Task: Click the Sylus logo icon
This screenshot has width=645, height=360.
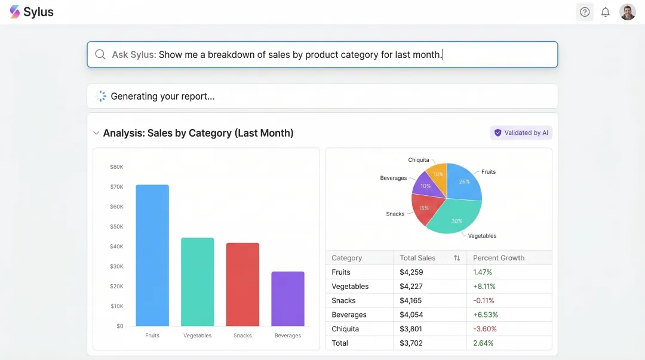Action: pos(15,12)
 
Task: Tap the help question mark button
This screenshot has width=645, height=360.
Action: pos(585,12)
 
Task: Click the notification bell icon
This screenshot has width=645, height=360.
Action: pos(605,12)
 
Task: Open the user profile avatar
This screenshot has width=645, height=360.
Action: pos(627,12)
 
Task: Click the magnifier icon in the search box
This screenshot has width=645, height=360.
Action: pos(100,54)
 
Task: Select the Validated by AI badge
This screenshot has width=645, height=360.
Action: pos(521,133)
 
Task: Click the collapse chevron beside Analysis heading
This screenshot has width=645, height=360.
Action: pos(96,133)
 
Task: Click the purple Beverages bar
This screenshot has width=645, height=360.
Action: pos(287,299)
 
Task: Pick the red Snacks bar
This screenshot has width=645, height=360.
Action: pos(242,284)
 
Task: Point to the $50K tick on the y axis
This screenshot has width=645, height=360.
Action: pos(116,227)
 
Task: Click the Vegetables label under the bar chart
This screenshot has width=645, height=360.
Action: pos(197,336)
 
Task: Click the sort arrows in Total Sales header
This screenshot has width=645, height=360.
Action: pos(457,258)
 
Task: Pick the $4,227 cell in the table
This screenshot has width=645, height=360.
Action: pos(411,287)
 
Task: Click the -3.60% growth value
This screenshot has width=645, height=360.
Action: pos(485,329)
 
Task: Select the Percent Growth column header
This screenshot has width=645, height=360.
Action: pos(499,258)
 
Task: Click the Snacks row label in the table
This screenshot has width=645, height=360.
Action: pos(343,301)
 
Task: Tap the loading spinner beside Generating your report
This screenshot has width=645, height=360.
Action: pos(101,96)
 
